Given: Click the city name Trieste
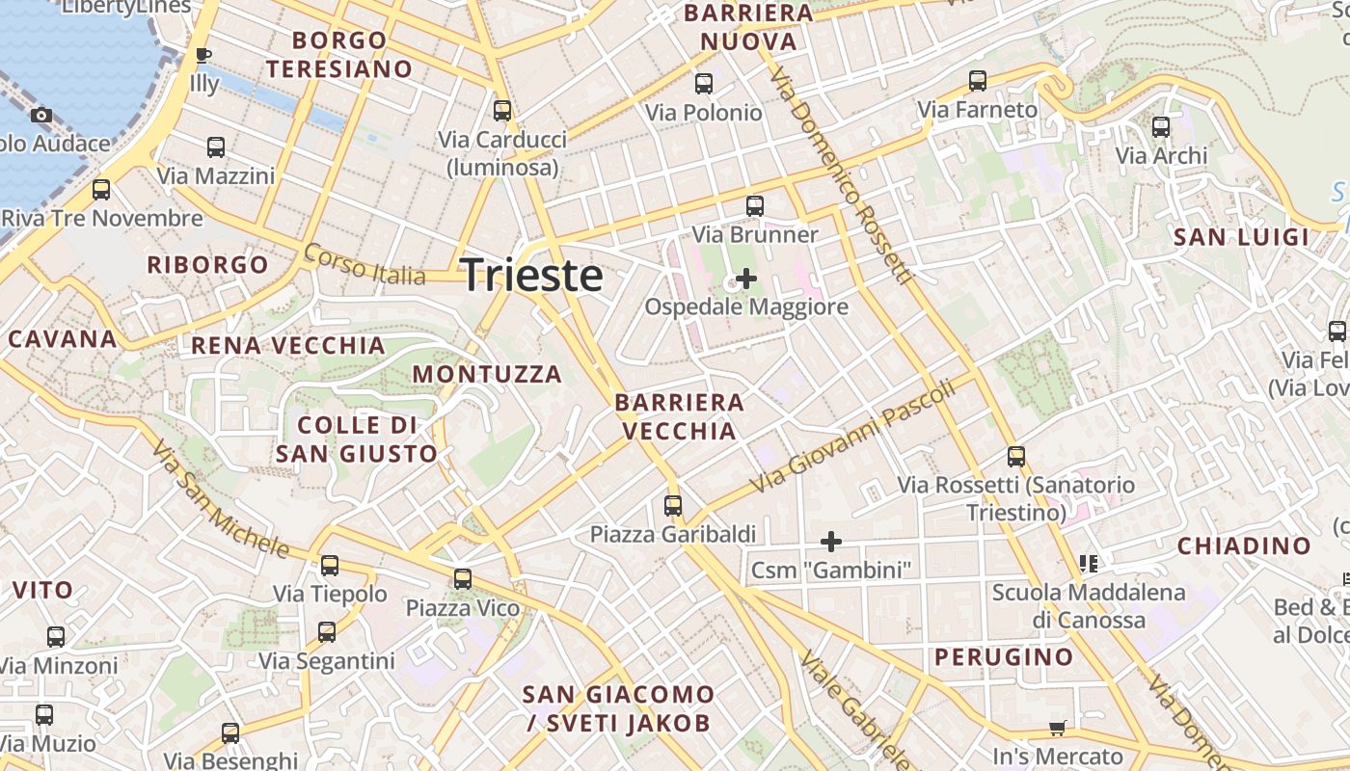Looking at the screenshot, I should point(532,276).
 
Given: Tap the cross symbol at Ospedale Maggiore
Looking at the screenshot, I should point(745,279).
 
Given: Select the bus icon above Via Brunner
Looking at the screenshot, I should point(755,205).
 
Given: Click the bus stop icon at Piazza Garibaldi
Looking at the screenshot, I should point(673,505).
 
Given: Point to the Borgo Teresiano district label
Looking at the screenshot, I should point(339,55).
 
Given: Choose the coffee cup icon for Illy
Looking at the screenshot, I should point(203,55).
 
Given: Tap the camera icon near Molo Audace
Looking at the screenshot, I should point(40,116).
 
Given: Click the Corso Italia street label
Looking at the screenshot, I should point(364,264).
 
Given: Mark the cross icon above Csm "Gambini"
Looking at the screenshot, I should point(830,542).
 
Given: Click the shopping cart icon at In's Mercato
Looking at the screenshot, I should point(1058,729).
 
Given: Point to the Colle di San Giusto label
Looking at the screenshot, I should point(356,439).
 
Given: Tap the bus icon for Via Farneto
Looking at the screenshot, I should point(978,81).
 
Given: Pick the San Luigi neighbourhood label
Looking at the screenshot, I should point(1241,237).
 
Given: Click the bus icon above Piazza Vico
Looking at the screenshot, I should point(463,578).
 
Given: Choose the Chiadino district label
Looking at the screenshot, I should point(1244,546).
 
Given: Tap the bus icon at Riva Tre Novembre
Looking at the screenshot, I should point(101,190).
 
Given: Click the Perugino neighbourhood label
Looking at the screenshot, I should point(1003,657).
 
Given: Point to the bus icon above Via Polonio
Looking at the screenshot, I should point(704,84).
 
